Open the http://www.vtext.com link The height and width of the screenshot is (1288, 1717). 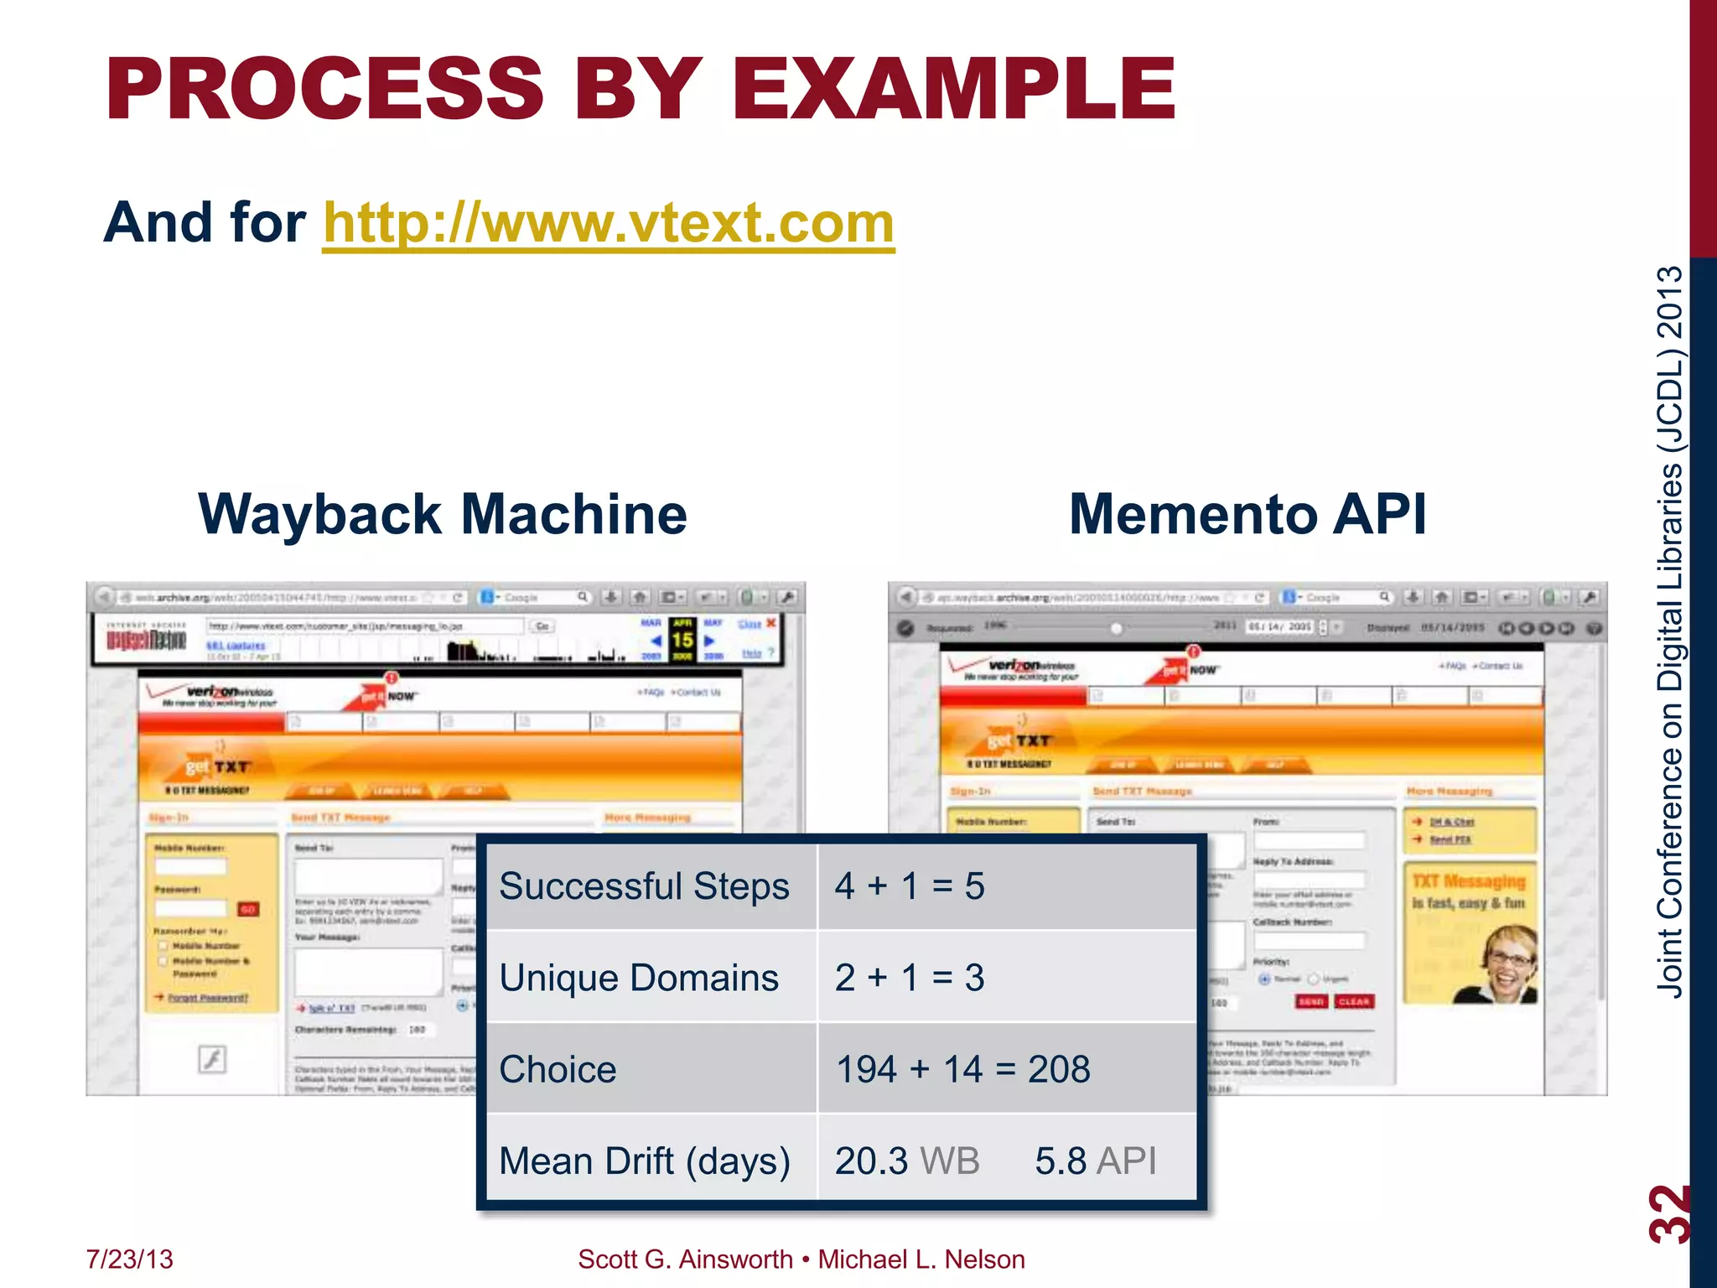pyautogui.click(x=609, y=223)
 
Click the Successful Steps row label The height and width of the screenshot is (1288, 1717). pyautogui.click(x=644, y=886)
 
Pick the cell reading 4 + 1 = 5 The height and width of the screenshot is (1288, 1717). pyautogui.click(x=910, y=886)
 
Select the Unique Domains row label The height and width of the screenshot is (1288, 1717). pyautogui.click(x=639, y=978)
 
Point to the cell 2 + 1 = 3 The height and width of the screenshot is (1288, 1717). pyautogui.click(x=910, y=978)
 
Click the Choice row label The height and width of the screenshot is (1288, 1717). pyautogui.click(x=558, y=1069)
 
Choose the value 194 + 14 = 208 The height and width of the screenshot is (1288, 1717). pyautogui.click(x=963, y=1069)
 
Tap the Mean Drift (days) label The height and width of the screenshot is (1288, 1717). pyautogui.click(x=645, y=1161)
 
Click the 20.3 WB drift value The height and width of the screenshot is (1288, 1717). pyautogui.click(x=907, y=1161)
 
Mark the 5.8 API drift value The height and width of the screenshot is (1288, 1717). pyautogui.click(x=1095, y=1161)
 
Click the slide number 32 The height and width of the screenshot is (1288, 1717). pyautogui.click(x=1668, y=1213)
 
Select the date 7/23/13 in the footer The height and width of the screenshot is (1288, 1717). pyautogui.click(x=130, y=1259)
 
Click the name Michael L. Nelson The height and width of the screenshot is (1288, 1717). pyautogui.click(x=921, y=1259)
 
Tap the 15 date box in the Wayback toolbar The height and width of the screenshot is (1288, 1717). pyautogui.click(x=682, y=640)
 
